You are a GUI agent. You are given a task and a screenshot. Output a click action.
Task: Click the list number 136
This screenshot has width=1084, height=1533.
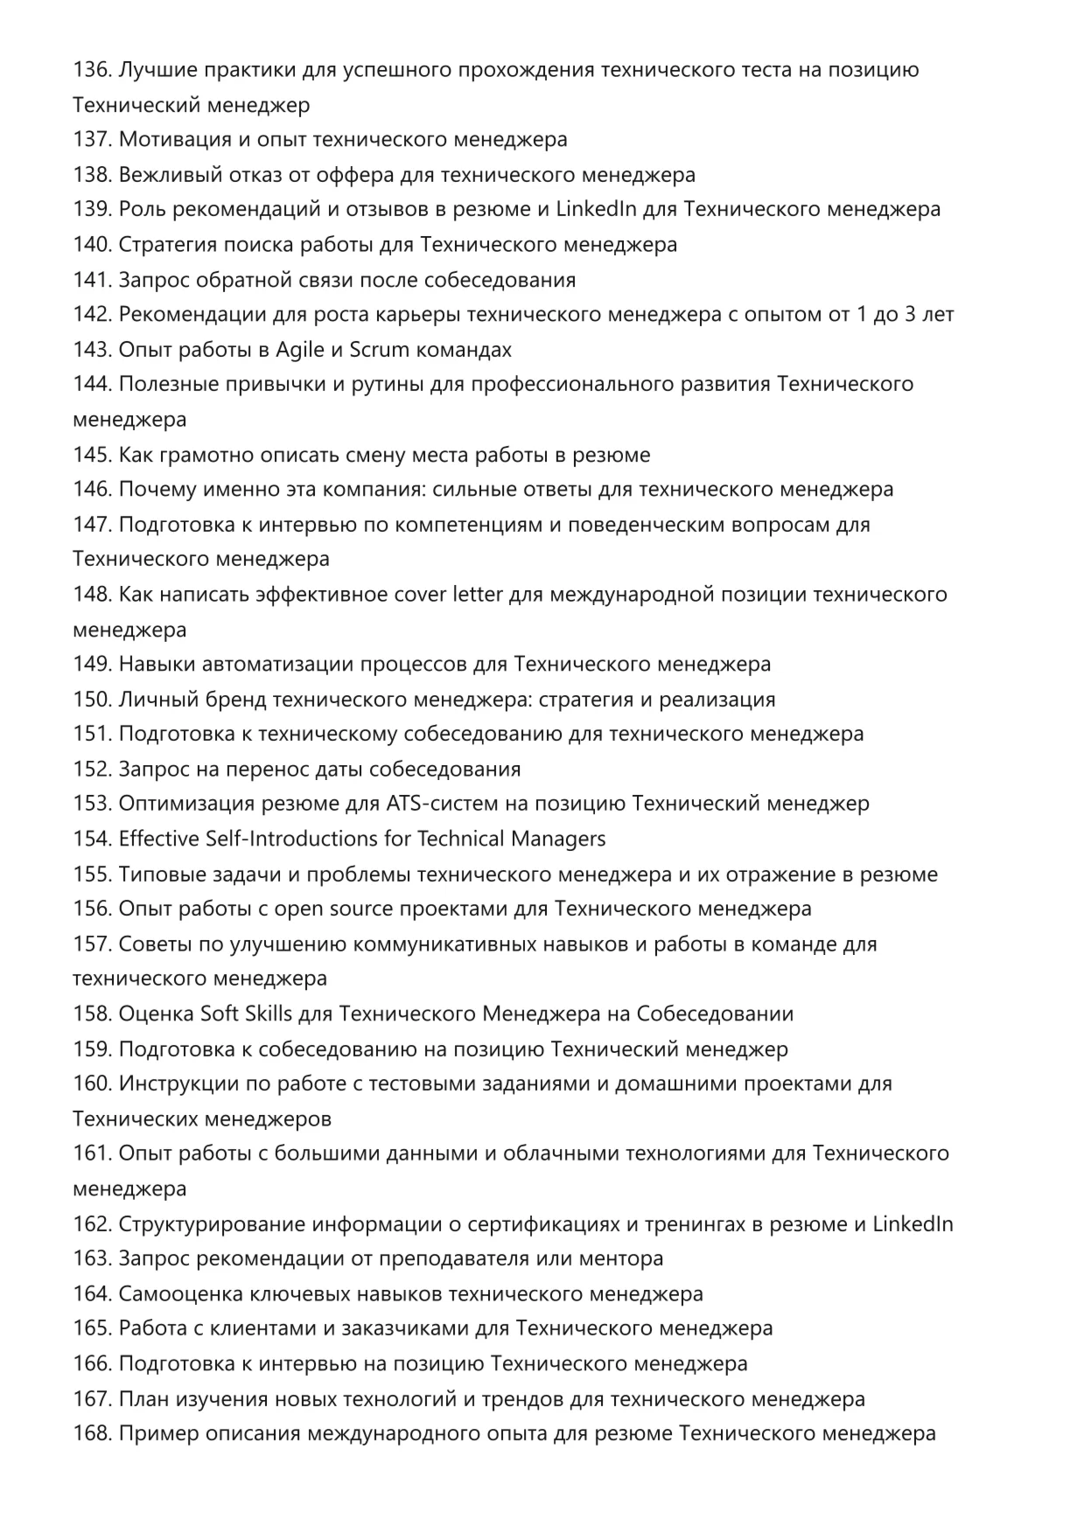[x=92, y=70]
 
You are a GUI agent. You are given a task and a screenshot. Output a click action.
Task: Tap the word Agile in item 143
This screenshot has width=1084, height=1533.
[x=300, y=350]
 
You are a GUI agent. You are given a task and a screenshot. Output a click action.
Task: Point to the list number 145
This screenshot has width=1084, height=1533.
[x=92, y=455]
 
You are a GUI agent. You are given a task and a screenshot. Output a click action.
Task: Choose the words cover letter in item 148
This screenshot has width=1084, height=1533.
[x=448, y=595]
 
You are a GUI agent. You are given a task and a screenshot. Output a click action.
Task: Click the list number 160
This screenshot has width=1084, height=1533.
[x=92, y=1084]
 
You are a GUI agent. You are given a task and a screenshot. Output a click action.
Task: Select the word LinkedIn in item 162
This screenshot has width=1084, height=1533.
[x=913, y=1224]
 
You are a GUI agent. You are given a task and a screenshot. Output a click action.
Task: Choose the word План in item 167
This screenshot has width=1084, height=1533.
[x=143, y=1399]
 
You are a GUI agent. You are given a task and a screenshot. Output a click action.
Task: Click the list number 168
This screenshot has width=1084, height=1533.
[x=92, y=1434]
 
